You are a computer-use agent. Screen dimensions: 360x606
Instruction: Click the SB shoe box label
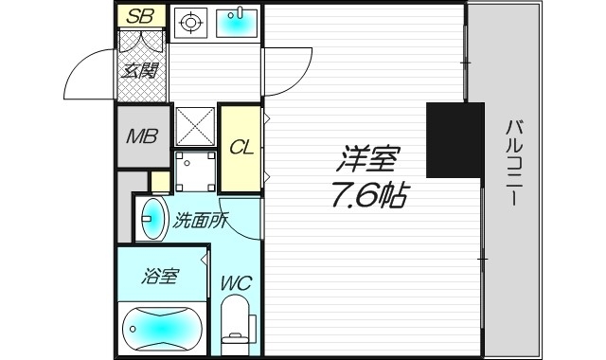[x=141, y=15]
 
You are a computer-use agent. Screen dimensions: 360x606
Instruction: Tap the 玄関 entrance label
[x=141, y=69]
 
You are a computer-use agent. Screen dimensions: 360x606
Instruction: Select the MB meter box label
[x=142, y=136]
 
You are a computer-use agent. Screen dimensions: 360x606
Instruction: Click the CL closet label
[x=241, y=148]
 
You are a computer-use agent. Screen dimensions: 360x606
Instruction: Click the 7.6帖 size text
[x=368, y=195]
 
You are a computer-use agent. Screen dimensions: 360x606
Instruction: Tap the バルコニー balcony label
[x=515, y=164]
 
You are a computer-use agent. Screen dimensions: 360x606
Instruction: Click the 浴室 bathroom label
[x=160, y=277]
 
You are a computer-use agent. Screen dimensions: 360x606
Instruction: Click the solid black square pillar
[x=454, y=140]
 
